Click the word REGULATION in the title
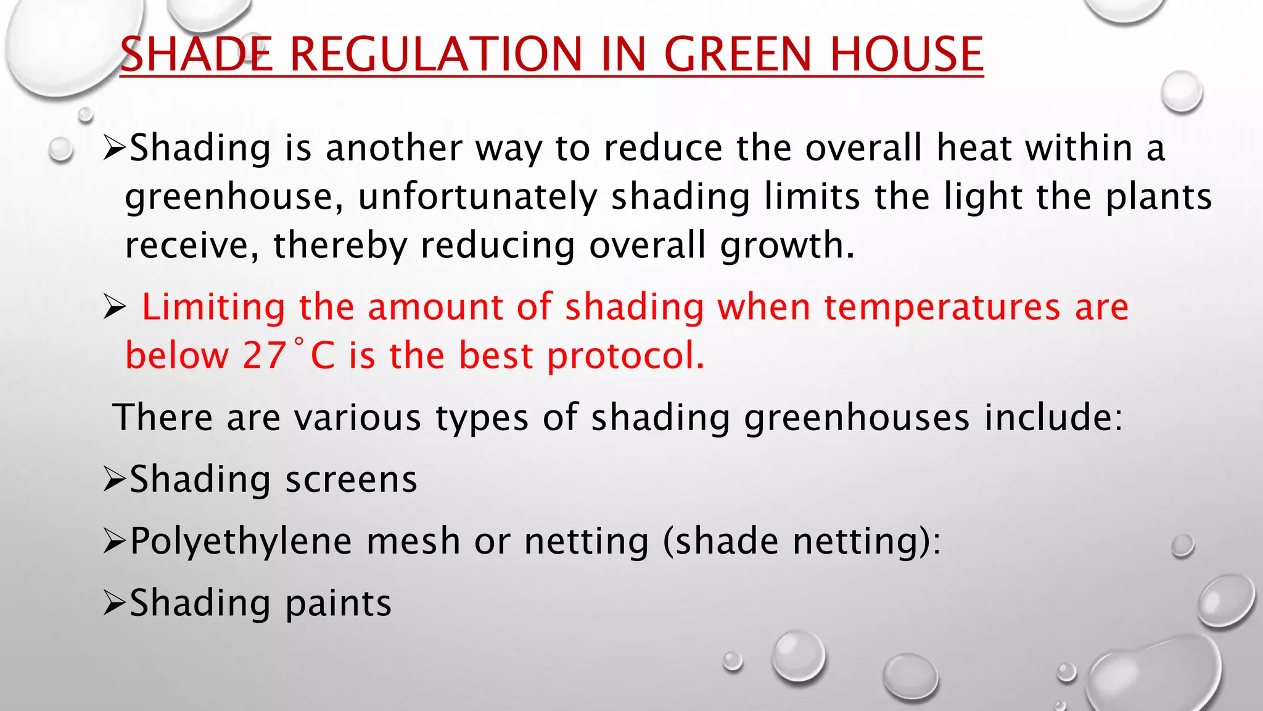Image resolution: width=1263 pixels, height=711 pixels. pyautogui.click(x=435, y=54)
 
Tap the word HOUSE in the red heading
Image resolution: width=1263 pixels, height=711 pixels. pyautogui.click(x=906, y=54)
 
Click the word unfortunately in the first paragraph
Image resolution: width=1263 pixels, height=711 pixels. pyautogui.click(x=477, y=197)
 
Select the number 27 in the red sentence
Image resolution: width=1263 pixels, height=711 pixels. pyautogui.click(x=264, y=355)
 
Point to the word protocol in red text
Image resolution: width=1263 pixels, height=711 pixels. pyautogui.click(x=625, y=356)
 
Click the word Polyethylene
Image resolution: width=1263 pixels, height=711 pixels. pyautogui.click(x=241, y=542)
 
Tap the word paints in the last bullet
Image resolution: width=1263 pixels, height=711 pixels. pyautogui.click(x=339, y=603)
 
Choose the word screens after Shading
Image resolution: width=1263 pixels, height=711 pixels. pyautogui.click(x=352, y=480)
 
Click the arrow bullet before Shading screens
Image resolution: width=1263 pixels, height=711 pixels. pyautogui.click(x=114, y=480)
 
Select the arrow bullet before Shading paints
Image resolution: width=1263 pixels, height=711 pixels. pyautogui.click(x=114, y=603)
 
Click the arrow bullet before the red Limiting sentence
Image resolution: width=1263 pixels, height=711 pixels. pyautogui.click(x=114, y=307)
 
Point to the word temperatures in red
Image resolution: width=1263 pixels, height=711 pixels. pyautogui.click(x=942, y=307)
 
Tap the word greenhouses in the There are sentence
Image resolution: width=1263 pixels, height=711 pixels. pyautogui.click(x=857, y=417)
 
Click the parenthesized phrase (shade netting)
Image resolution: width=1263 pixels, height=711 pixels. pyautogui.click(x=802, y=542)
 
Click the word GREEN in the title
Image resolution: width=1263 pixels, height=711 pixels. pyautogui.click(x=738, y=54)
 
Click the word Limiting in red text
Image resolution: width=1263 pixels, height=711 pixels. pyautogui.click(x=213, y=307)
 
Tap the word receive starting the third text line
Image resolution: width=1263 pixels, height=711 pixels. pyautogui.click(x=191, y=246)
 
